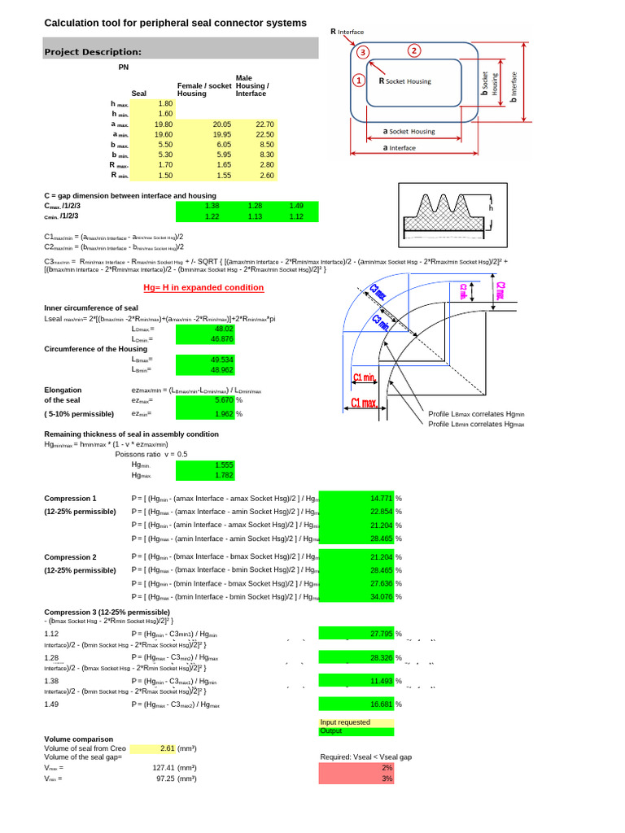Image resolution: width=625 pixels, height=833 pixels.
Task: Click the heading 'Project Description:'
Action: tap(93, 51)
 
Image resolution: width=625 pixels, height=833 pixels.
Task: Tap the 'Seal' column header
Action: tap(138, 94)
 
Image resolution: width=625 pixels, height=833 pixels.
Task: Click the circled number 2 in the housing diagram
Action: tap(414, 50)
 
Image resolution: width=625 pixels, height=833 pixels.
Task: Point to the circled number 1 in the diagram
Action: tap(358, 81)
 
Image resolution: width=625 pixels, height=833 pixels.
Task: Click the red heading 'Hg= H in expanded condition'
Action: tap(215, 287)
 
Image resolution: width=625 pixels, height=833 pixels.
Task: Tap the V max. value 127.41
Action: tap(164, 766)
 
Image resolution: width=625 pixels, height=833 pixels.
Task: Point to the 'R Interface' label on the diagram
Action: tap(347, 32)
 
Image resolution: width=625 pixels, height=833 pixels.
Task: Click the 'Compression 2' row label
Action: tap(70, 557)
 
